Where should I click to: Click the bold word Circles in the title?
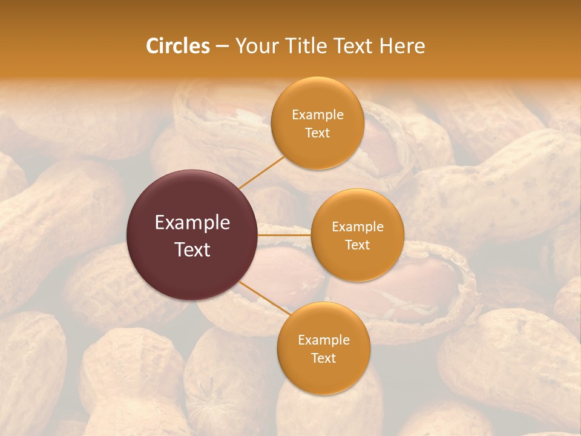(178, 46)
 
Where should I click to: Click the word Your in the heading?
(255, 46)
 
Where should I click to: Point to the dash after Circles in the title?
(222, 47)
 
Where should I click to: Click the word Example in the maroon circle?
(192, 223)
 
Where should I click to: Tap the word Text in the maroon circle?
(192, 249)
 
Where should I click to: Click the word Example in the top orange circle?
(318, 114)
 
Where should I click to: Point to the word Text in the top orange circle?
(318, 133)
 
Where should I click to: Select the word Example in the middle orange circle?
(358, 226)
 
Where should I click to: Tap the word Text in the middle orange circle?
(358, 245)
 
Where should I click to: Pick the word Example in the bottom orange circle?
(324, 340)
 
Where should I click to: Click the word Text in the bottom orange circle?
(324, 358)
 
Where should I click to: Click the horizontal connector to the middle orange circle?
(284, 234)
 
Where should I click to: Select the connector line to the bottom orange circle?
(264, 300)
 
